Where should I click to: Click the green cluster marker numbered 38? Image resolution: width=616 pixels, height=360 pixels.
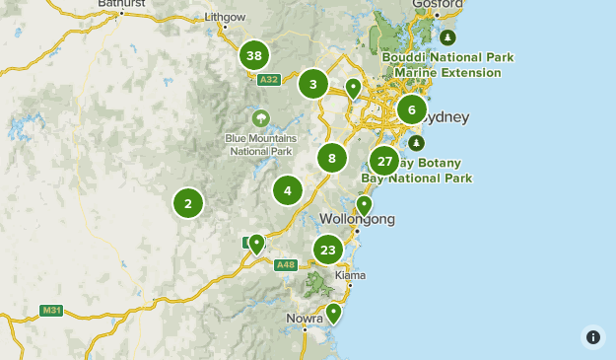[x=254, y=55]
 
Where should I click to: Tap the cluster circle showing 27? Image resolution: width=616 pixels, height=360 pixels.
[x=384, y=161]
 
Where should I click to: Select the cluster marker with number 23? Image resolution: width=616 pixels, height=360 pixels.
[x=328, y=250]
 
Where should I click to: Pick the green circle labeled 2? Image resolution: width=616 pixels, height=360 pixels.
[x=188, y=203]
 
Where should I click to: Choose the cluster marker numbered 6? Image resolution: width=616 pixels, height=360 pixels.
[x=412, y=109]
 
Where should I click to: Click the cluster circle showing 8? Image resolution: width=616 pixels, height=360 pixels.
[x=332, y=158]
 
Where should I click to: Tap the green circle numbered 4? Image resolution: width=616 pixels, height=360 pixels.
[x=288, y=190]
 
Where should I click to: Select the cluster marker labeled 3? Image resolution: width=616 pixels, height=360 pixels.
[x=313, y=84]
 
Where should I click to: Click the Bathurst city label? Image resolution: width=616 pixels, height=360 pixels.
[x=122, y=4]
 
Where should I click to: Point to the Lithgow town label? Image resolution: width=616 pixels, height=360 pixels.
[x=224, y=18]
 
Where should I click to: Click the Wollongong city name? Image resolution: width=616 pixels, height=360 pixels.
[x=357, y=219]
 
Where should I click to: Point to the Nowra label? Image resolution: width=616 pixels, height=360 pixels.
[x=305, y=319]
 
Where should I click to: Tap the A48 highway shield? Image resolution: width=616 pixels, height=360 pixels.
[x=286, y=264]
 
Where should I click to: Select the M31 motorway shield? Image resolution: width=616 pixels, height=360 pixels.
[x=51, y=310]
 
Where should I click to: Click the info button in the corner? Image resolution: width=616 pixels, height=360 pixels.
[x=592, y=336]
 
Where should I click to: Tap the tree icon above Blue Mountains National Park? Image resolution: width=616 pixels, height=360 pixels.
[x=261, y=119]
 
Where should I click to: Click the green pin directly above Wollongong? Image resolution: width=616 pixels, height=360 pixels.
[x=364, y=205]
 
